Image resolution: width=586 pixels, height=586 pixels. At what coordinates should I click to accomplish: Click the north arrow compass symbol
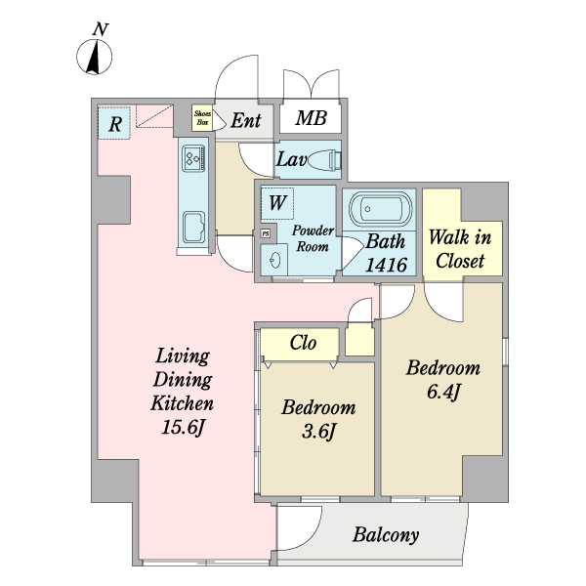pyautogui.click(x=95, y=58)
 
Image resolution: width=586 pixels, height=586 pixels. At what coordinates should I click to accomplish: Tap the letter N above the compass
pyautogui.click(x=99, y=29)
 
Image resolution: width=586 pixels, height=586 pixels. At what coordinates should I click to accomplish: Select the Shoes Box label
pyautogui.click(x=202, y=119)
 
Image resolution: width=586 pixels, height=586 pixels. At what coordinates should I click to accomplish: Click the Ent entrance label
pyautogui.click(x=245, y=121)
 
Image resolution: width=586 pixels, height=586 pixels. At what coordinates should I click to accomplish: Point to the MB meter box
pyautogui.click(x=311, y=119)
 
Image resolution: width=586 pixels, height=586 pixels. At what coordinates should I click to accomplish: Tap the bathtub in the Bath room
pyautogui.click(x=377, y=210)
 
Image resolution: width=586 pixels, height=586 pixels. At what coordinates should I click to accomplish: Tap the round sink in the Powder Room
pyautogui.click(x=276, y=260)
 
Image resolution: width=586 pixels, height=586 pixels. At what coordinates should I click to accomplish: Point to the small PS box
pyautogui.click(x=265, y=233)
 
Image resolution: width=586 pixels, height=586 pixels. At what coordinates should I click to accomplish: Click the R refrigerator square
pyautogui.click(x=114, y=124)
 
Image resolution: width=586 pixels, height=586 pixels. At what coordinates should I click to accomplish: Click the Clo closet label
pyautogui.click(x=302, y=343)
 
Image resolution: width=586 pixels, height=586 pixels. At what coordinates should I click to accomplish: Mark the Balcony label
pyautogui.click(x=386, y=535)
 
